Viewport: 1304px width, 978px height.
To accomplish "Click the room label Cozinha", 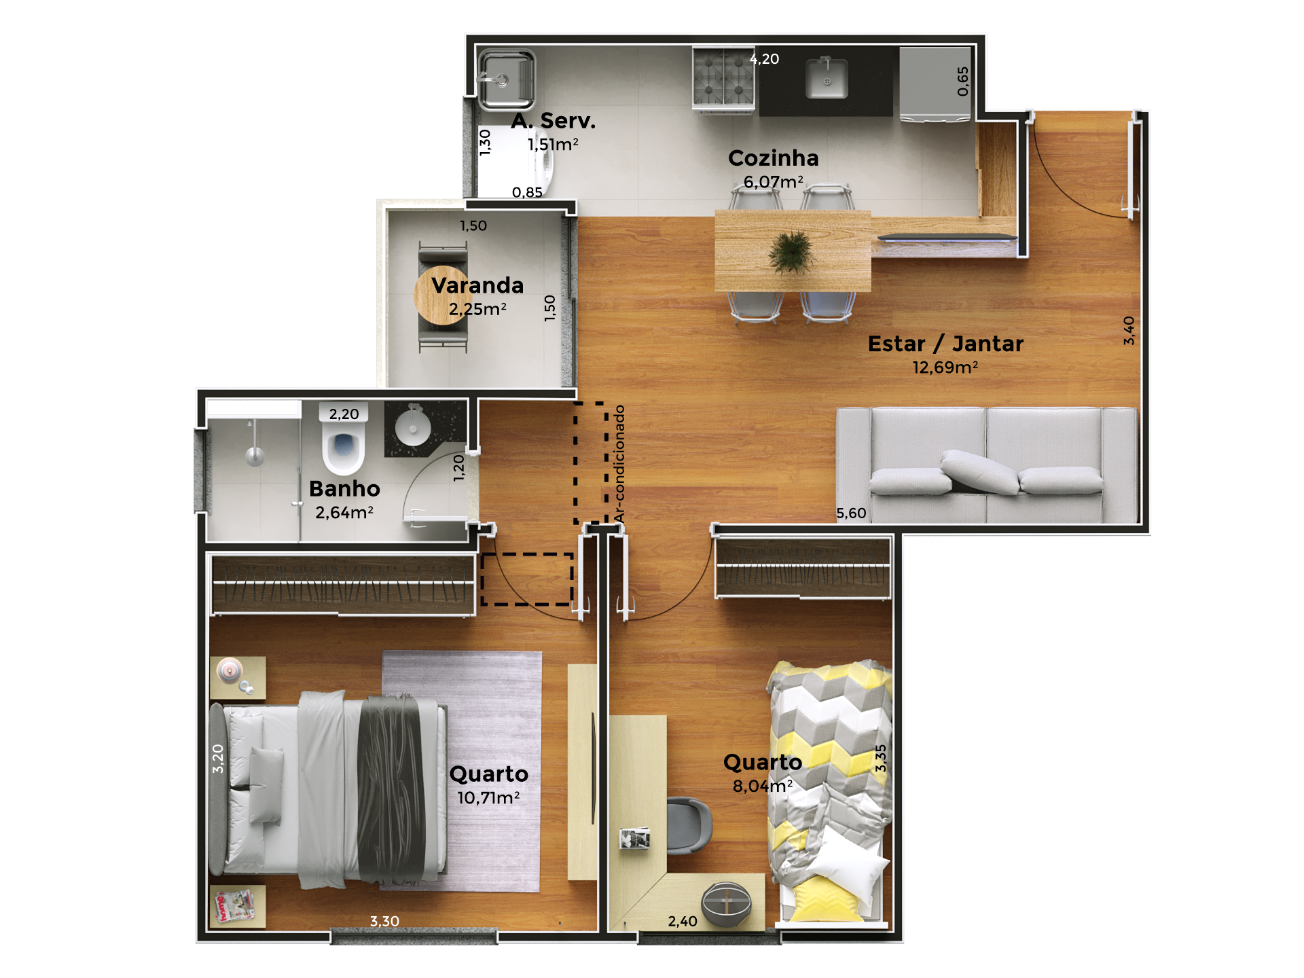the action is coord(773,158).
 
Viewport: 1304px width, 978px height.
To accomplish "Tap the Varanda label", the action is coord(477,285).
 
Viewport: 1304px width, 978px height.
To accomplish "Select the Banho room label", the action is coord(344,488).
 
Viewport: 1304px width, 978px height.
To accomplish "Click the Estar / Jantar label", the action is coord(945,344).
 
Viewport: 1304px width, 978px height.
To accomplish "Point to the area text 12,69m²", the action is coord(945,367).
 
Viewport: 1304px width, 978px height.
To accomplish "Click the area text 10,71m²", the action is coord(488,797).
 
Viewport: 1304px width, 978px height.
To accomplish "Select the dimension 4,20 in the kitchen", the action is coord(764,59).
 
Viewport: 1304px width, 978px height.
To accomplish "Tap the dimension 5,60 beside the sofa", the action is coord(851,513).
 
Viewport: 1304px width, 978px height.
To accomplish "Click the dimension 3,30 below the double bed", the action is coord(384,921).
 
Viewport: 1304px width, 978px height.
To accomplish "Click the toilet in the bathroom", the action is coord(344,444).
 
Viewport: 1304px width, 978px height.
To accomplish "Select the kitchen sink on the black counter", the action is coord(827,78).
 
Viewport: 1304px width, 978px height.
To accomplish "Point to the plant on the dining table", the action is coord(791,252).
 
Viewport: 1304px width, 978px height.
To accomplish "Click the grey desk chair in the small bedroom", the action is coord(689,825).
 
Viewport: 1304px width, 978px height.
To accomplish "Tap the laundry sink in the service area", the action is coord(506,79).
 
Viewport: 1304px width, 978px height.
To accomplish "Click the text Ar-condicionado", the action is coord(619,464).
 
